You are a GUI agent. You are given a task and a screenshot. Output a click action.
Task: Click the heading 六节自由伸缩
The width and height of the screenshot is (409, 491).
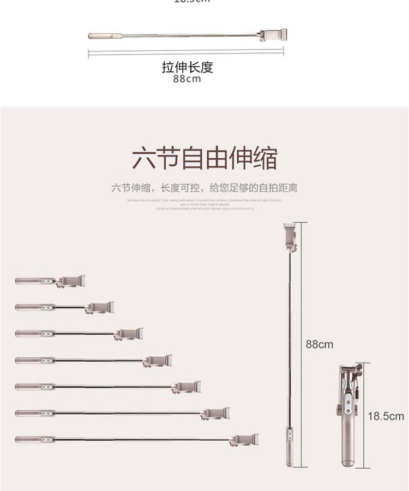click(x=204, y=158)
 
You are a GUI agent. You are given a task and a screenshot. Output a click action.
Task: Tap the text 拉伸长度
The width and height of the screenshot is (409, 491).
click(x=187, y=67)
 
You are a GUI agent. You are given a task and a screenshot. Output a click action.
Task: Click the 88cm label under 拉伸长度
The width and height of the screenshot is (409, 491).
click(x=187, y=79)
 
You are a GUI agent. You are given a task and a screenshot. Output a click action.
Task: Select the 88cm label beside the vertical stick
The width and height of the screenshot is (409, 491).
click(x=319, y=344)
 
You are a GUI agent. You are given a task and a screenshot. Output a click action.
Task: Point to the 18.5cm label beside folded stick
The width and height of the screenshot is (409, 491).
click(x=386, y=416)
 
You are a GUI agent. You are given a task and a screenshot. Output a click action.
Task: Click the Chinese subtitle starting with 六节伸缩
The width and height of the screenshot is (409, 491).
click(x=204, y=188)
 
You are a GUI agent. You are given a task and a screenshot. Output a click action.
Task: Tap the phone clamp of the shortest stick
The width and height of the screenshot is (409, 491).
click(x=71, y=281)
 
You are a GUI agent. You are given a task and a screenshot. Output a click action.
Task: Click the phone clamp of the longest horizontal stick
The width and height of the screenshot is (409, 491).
click(x=244, y=440)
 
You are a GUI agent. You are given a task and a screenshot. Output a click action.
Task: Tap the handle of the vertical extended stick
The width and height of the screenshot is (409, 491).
click(x=290, y=446)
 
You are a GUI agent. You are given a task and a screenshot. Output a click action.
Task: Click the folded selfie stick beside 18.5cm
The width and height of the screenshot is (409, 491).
click(x=347, y=415)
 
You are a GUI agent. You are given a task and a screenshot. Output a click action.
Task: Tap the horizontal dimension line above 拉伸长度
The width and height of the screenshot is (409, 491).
click(x=186, y=52)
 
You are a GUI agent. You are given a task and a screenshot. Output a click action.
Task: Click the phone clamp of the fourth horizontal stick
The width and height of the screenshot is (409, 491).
click(x=158, y=361)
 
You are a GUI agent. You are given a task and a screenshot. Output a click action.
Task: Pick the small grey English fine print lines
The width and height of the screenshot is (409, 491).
click(x=204, y=204)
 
